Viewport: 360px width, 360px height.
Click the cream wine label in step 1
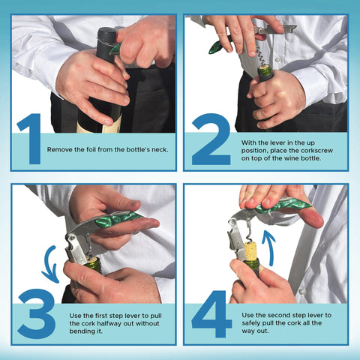(112, 126)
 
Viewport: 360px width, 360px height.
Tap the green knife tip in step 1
(115, 49)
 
